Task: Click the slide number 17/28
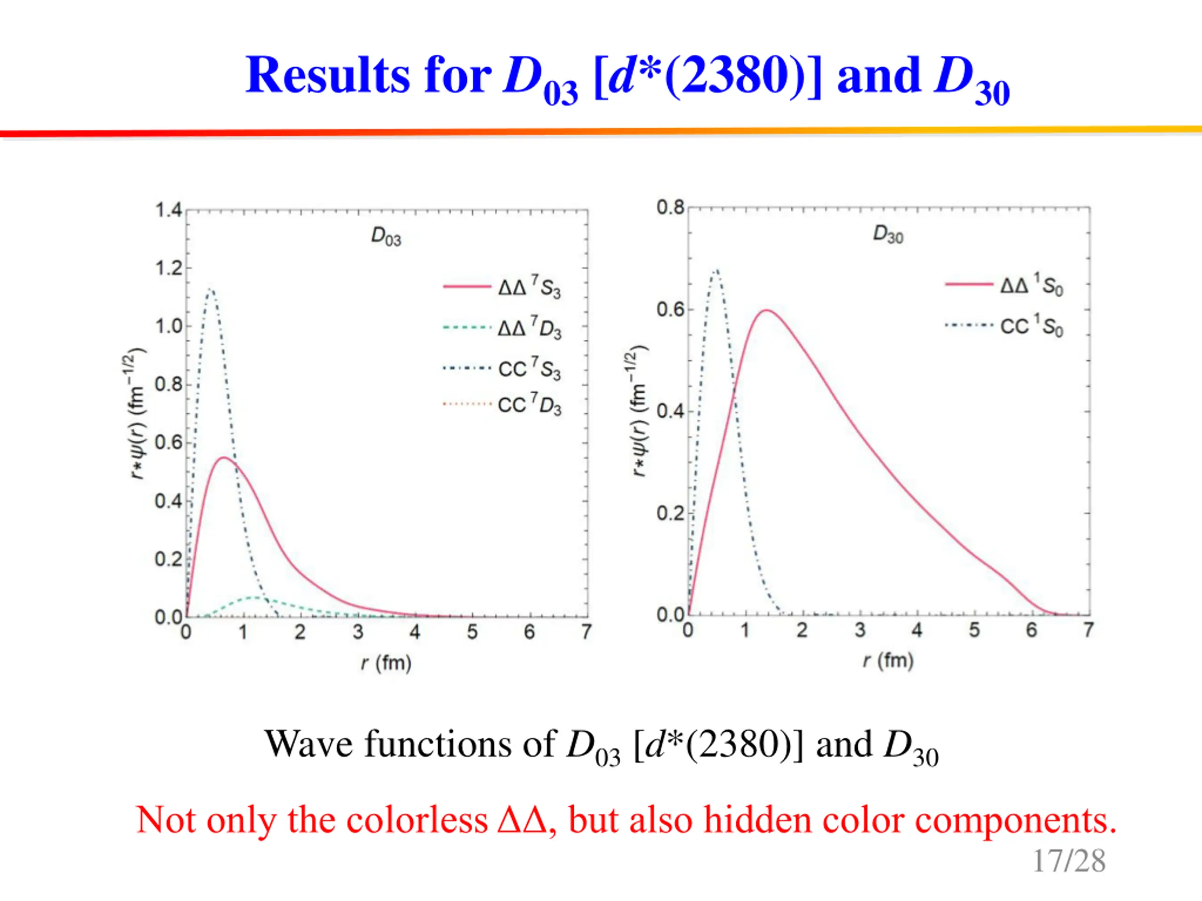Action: point(1068,861)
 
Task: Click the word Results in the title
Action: point(327,76)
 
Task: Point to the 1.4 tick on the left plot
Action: point(169,210)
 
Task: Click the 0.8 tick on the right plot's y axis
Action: point(670,207)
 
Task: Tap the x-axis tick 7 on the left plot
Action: point(586,632)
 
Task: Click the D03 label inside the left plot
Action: point(386,237)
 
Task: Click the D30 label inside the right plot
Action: point(888,235)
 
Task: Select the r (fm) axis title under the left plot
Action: point(386,663)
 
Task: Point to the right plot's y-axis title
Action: point(639,411)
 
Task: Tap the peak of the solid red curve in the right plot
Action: point(766,310)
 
